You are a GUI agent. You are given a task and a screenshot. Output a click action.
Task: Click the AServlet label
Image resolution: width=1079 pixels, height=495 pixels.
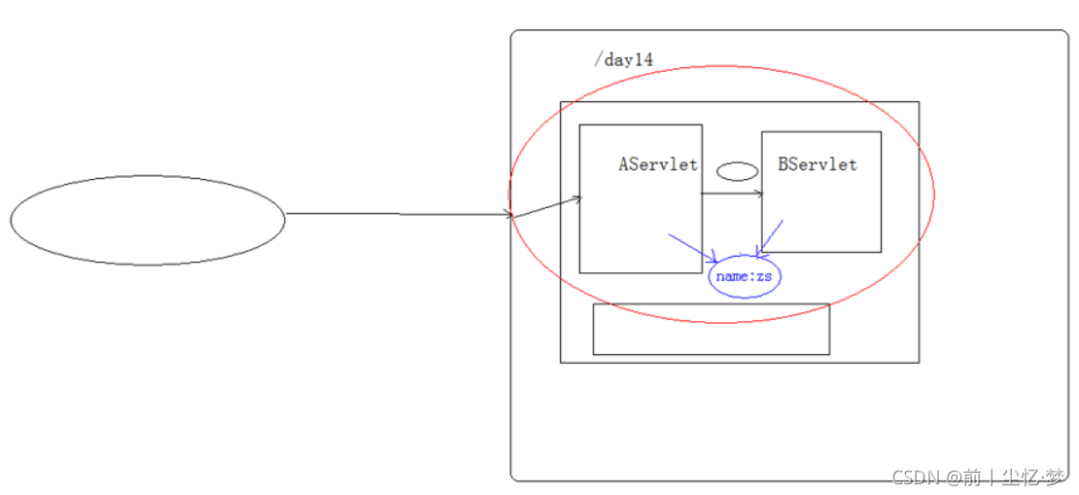pyautogui.click(x=658, y=164)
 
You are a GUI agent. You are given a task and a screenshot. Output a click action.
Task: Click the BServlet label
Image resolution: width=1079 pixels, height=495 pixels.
pyautogui.click(x=818, y=164)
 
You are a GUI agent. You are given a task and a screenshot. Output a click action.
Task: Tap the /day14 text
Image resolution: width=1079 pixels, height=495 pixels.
pyautogui.click(x=623, y=60)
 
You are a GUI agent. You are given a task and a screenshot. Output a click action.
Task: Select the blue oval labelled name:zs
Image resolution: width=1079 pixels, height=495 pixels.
pyautogui.click(x=745, y=277)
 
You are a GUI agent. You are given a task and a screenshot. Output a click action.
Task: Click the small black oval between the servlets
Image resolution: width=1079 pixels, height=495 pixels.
pyautogui.click(x=737, y=172)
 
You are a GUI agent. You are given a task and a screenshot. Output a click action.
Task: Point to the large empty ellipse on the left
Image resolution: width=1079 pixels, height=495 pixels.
pyautogui.click(x=148, y=220)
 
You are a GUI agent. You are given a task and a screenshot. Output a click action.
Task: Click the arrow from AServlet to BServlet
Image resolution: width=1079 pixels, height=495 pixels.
pyautogui.click(x=731, y=194)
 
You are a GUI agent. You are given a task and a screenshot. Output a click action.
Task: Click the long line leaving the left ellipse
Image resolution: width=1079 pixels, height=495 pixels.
pyautogui.click(x=399, y=214)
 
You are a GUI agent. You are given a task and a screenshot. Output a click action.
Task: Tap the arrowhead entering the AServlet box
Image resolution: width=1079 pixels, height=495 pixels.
pyautogui.click(x=576, y=200)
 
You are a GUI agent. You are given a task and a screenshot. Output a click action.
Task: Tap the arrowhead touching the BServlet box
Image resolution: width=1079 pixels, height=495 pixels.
pyautogui.click(x=758, y=194)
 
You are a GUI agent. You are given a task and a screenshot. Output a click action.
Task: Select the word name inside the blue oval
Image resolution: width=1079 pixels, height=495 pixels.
pyautogui.click(x=731, y=277)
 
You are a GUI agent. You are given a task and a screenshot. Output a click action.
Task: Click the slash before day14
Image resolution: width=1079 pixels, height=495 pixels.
pyautogui.click(x=598, y=60)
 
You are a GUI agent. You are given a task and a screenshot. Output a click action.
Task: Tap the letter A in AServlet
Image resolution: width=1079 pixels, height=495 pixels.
pyautogui.click(x=624, y=164)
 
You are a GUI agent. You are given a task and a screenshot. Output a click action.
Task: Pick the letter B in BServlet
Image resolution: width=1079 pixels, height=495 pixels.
pyautogui.click(x=783, y=164)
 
